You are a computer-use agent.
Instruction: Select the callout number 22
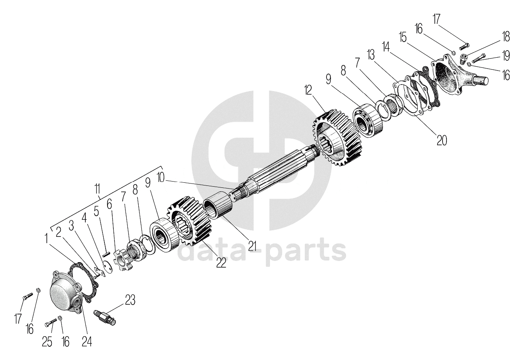221,263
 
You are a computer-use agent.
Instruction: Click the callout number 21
252,245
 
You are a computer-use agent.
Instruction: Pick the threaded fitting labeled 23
105,315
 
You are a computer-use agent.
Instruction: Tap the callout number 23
130,299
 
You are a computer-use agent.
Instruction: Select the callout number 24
86,341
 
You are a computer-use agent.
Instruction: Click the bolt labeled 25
51,323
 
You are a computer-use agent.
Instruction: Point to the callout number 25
47,342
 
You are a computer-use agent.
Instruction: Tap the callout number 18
505,37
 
